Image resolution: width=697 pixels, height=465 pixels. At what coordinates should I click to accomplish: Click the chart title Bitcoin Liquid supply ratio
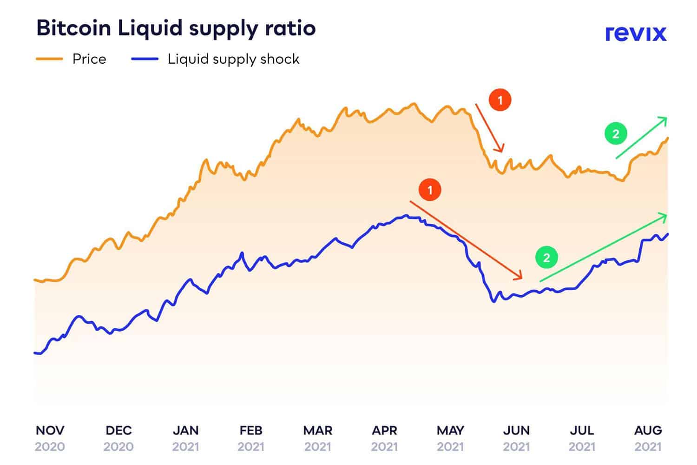pyautogui.click(x=176, y=28)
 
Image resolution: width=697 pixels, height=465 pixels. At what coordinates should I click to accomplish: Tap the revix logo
pyautogui.click(x=635, y=33)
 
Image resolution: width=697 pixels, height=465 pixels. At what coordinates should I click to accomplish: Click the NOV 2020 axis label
pyautogui.click(x=50, y=438)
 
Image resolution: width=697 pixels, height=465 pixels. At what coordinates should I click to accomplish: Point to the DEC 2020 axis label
pyautogui.click(x=118, y=438)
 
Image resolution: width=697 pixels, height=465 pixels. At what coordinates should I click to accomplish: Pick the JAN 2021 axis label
pyautogui.click(x=185, y=438)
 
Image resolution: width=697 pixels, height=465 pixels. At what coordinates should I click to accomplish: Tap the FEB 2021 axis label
pyautogui.click(x=251, y=438)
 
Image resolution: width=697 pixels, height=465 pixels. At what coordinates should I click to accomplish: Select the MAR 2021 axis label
pyautogui.click(x=318, y=438)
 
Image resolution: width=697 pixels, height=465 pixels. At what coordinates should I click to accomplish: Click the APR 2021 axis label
pyautogui.click(x=384, y=438)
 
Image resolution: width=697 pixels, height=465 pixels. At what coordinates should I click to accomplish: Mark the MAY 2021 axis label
pyautogui.click(x=450, y=438)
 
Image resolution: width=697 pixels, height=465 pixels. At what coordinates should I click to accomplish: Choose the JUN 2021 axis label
pyautogui.click(x=516, y=438)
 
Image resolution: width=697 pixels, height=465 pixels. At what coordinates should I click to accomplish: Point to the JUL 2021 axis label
pyautogui.click(x=582, y=438)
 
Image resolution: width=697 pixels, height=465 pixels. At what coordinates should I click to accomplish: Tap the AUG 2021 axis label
pyautogui.click(x=648, y=438)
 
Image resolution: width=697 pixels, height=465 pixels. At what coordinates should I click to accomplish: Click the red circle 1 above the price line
pyautogui.click(x=500, y=100)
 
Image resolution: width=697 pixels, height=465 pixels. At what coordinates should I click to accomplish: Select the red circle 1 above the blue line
pyautogui.click(x=430, y=190)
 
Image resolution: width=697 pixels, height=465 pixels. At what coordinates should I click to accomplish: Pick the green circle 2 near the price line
pyautogui.click(x=616, y=134)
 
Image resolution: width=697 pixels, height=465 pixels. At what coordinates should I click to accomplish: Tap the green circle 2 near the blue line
pyautogui.click(x=546, y=258)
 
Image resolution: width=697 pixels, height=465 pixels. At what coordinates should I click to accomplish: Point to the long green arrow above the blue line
pyautogui.click(x=603, y=247)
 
